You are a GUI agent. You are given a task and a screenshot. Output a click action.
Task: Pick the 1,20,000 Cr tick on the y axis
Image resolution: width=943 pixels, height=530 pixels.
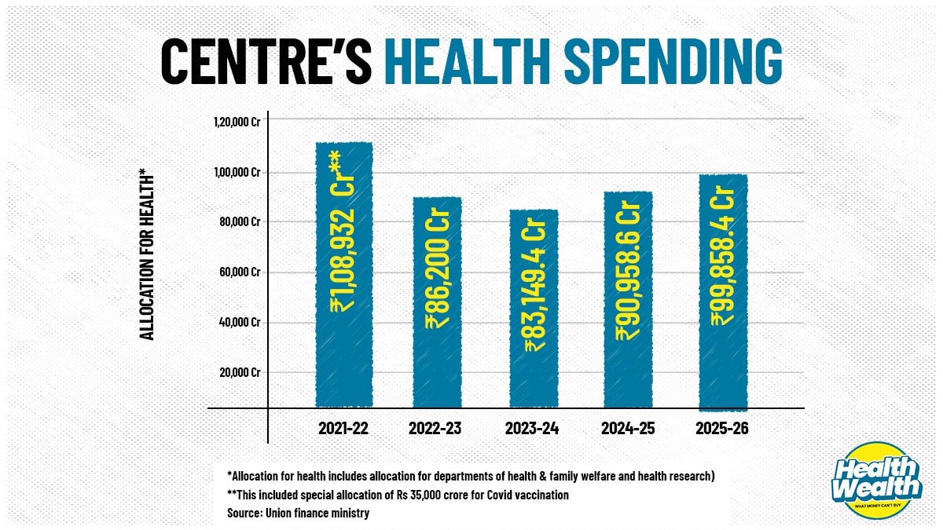237,122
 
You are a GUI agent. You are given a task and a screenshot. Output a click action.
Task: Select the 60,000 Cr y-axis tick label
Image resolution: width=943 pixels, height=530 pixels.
240,272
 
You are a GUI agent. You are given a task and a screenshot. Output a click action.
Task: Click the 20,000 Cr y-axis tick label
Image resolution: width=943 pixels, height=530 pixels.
240,373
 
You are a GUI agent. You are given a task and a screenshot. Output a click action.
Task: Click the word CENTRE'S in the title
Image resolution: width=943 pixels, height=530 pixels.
265,59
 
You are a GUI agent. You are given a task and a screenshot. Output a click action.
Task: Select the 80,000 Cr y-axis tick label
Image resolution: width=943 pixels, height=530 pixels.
240,222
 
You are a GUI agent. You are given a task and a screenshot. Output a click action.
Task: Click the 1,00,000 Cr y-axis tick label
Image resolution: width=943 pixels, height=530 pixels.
237,172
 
